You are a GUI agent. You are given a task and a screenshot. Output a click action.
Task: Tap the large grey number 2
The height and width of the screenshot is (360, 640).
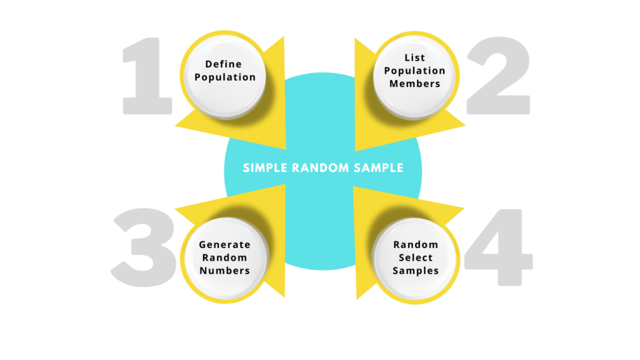click(x=497, y=76)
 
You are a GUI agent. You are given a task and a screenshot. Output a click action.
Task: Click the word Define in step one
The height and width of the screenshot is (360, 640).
click(x=223, y=64)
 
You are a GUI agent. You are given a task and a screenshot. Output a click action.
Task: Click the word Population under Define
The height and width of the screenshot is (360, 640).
click(x=225, y=77)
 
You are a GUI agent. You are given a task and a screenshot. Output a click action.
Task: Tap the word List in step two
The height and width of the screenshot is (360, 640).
click(x=415, y=58)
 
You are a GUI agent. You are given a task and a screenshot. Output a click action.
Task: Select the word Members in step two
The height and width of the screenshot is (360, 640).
click(x=415, y=84)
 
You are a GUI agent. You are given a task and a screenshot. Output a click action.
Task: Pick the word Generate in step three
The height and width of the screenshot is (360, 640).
click(x=224, y=245)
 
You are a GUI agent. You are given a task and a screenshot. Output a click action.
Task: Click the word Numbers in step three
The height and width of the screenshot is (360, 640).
click(x=224, y=271)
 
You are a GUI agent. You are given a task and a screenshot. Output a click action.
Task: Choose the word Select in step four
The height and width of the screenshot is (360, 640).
click(x=416, y=257)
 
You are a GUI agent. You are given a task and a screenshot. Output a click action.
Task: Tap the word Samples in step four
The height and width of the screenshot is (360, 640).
click(x=416, y=271)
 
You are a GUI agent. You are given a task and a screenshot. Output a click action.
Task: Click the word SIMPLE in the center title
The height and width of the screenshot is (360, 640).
click(x=262, y=167)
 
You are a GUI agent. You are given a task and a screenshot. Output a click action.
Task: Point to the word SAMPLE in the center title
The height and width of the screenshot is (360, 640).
click(x=381, y=167)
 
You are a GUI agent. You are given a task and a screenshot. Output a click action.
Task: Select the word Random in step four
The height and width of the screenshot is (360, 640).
click(x=416, y=244)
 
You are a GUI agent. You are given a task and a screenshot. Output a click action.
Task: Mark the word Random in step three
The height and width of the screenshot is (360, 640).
click(x=224, y=257)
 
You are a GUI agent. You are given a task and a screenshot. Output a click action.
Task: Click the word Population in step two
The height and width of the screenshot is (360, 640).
click(x=415, y=71)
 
